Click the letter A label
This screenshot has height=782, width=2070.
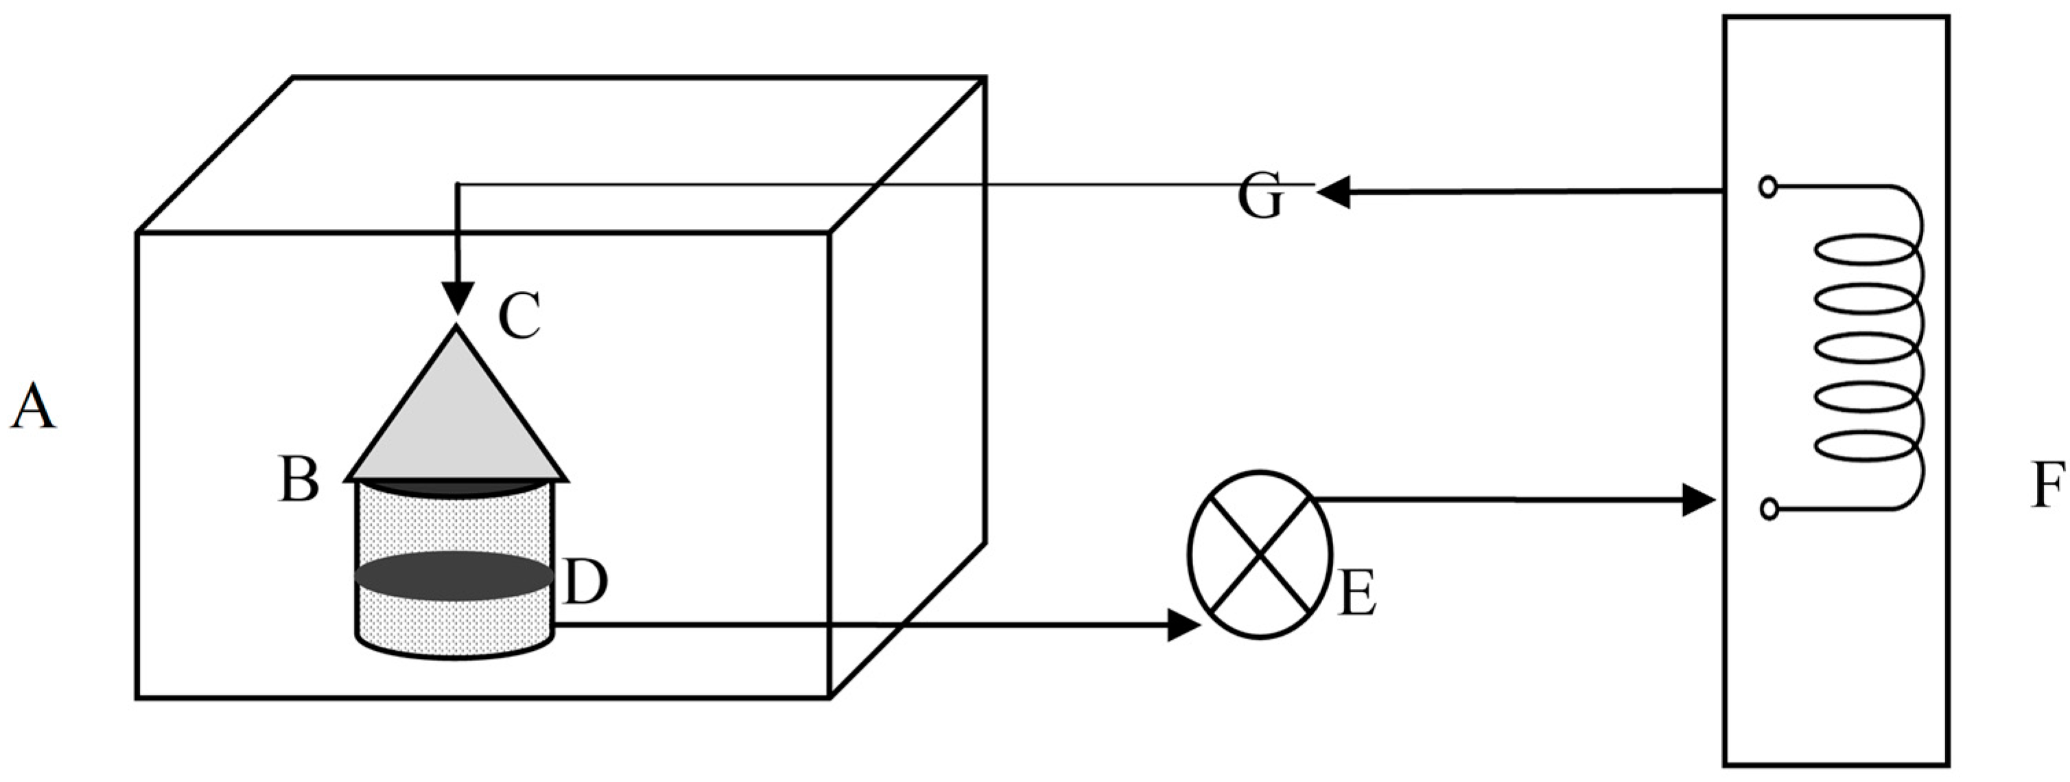click(32, 406)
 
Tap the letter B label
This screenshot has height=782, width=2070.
click(298, 481)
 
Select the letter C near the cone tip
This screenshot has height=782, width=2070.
click(518, 317)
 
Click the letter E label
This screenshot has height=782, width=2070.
click(1357, 594)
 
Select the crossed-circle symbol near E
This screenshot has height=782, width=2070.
click(1259, 554)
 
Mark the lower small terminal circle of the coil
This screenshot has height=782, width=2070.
click(1769, 509)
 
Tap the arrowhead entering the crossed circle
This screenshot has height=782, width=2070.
click(1183, 625)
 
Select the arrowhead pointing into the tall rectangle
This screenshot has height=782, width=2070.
click(1699, 500)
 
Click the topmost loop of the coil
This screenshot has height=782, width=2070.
click(1863, 251)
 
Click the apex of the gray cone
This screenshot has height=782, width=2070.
click(457, 328)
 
